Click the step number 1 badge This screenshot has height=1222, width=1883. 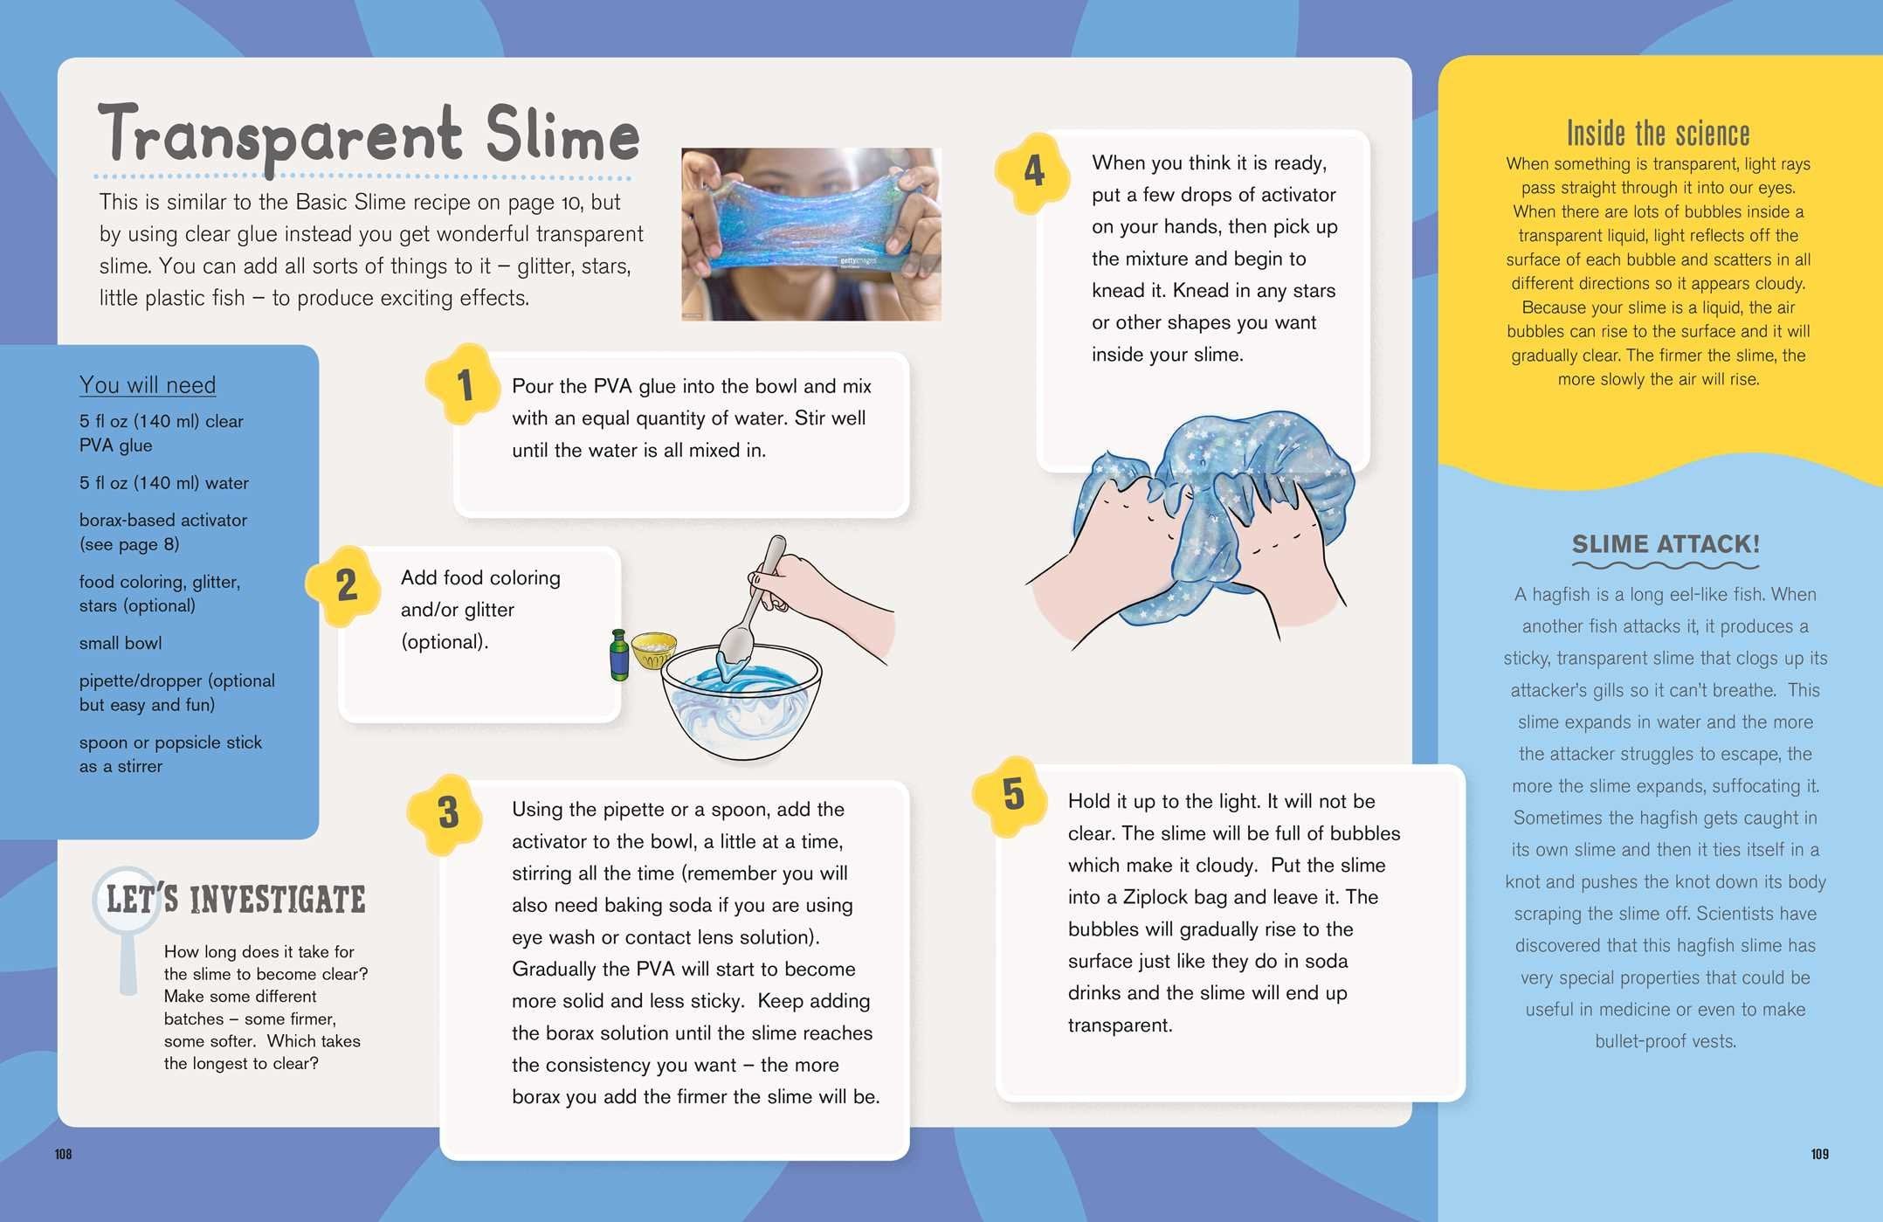tap(464, 385)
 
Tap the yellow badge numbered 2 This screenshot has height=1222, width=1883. tap(346, 585)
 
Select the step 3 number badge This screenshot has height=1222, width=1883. tap(447, 813)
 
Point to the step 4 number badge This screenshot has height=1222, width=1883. tap(1034, 171)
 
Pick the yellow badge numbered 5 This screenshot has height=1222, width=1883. tap(1013, 795)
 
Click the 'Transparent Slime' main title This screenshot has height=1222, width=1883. tap(369, 135)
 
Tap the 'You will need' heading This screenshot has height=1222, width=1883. tap(148, 384)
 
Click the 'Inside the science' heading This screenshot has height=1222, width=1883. tap(1658, 134)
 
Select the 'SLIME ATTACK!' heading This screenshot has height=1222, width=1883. tap(1666, 543)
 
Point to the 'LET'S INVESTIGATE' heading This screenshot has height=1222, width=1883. tap(236, 900)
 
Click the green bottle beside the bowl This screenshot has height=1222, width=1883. tap(619, 655)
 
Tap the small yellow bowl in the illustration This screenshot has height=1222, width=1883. tap(653, 650)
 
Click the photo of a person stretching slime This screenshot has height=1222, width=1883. tap(811, 234)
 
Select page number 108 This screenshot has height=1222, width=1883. tap(63, 1154)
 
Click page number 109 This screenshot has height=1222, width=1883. tap(1819, 1154)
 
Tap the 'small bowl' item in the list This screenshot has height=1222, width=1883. tap(121, 643)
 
